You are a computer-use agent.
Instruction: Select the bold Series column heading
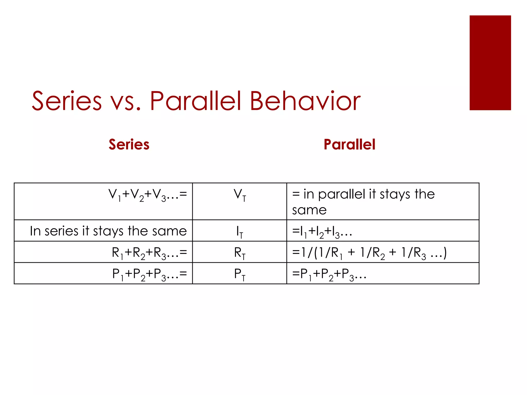pyautogui.click(x=129, y=144)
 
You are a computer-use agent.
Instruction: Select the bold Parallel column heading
pyautogui.click(x=349, y=144)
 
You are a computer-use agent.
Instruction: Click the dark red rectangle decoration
pyautogui.click(x=490, y=63)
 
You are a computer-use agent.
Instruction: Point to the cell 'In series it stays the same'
pyautogui.click(x=108, y=231)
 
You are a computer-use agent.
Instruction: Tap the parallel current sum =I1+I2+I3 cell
pyautogui.click(x=322, y=231)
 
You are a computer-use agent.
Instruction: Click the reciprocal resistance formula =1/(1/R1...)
pyautogui.click(x=369, y=253)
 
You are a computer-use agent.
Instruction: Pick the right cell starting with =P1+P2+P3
pyautogui.click(x=329, y=274)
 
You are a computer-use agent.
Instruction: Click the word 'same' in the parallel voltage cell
pyautogui.click(x=309, y=210)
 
